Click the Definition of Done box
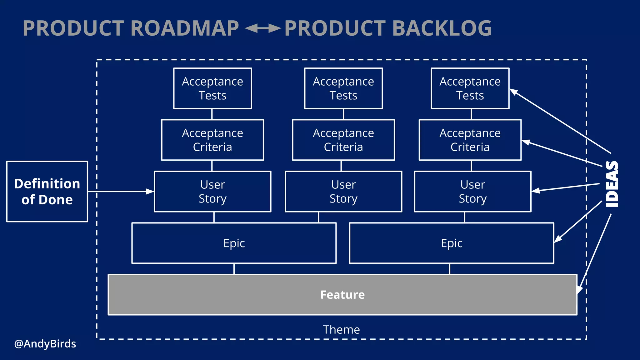click(47, 191)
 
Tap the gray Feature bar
click(342, 294)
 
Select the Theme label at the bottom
click(341, 330)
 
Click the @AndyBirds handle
click(45, 344)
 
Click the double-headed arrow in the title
click(262, 28)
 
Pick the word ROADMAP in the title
click(184, 28)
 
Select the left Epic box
click(234, 243)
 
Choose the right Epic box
click(451, 243)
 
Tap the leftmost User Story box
click(212, 191)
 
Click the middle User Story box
click(343, 191)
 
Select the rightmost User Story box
click(472, 191)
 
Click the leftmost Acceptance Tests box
click(212, 88)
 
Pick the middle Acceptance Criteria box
click(343, 140)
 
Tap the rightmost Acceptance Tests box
click(470, 88)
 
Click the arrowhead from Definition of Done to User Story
click(150, 191)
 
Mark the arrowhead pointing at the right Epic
click(558, 239)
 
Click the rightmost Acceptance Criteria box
click(470, 140)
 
